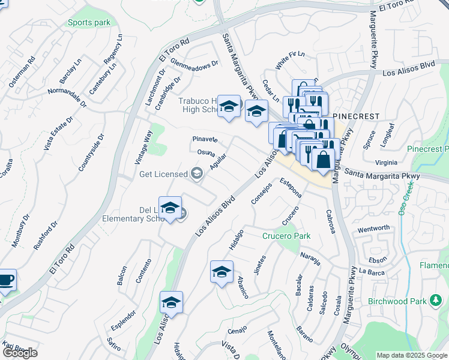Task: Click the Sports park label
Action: point(89,23)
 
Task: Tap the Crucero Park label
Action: point(286,236)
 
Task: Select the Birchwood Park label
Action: point(396,301)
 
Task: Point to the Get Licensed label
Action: point(163,174)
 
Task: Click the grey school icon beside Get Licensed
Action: point(196,174)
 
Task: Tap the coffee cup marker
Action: point(5,280)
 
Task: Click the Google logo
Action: point(20,353)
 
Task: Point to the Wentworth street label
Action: point(373,229)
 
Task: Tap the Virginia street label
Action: point(385,162)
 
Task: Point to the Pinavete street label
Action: point(204,139)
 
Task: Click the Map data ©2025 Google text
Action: point(412,355)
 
